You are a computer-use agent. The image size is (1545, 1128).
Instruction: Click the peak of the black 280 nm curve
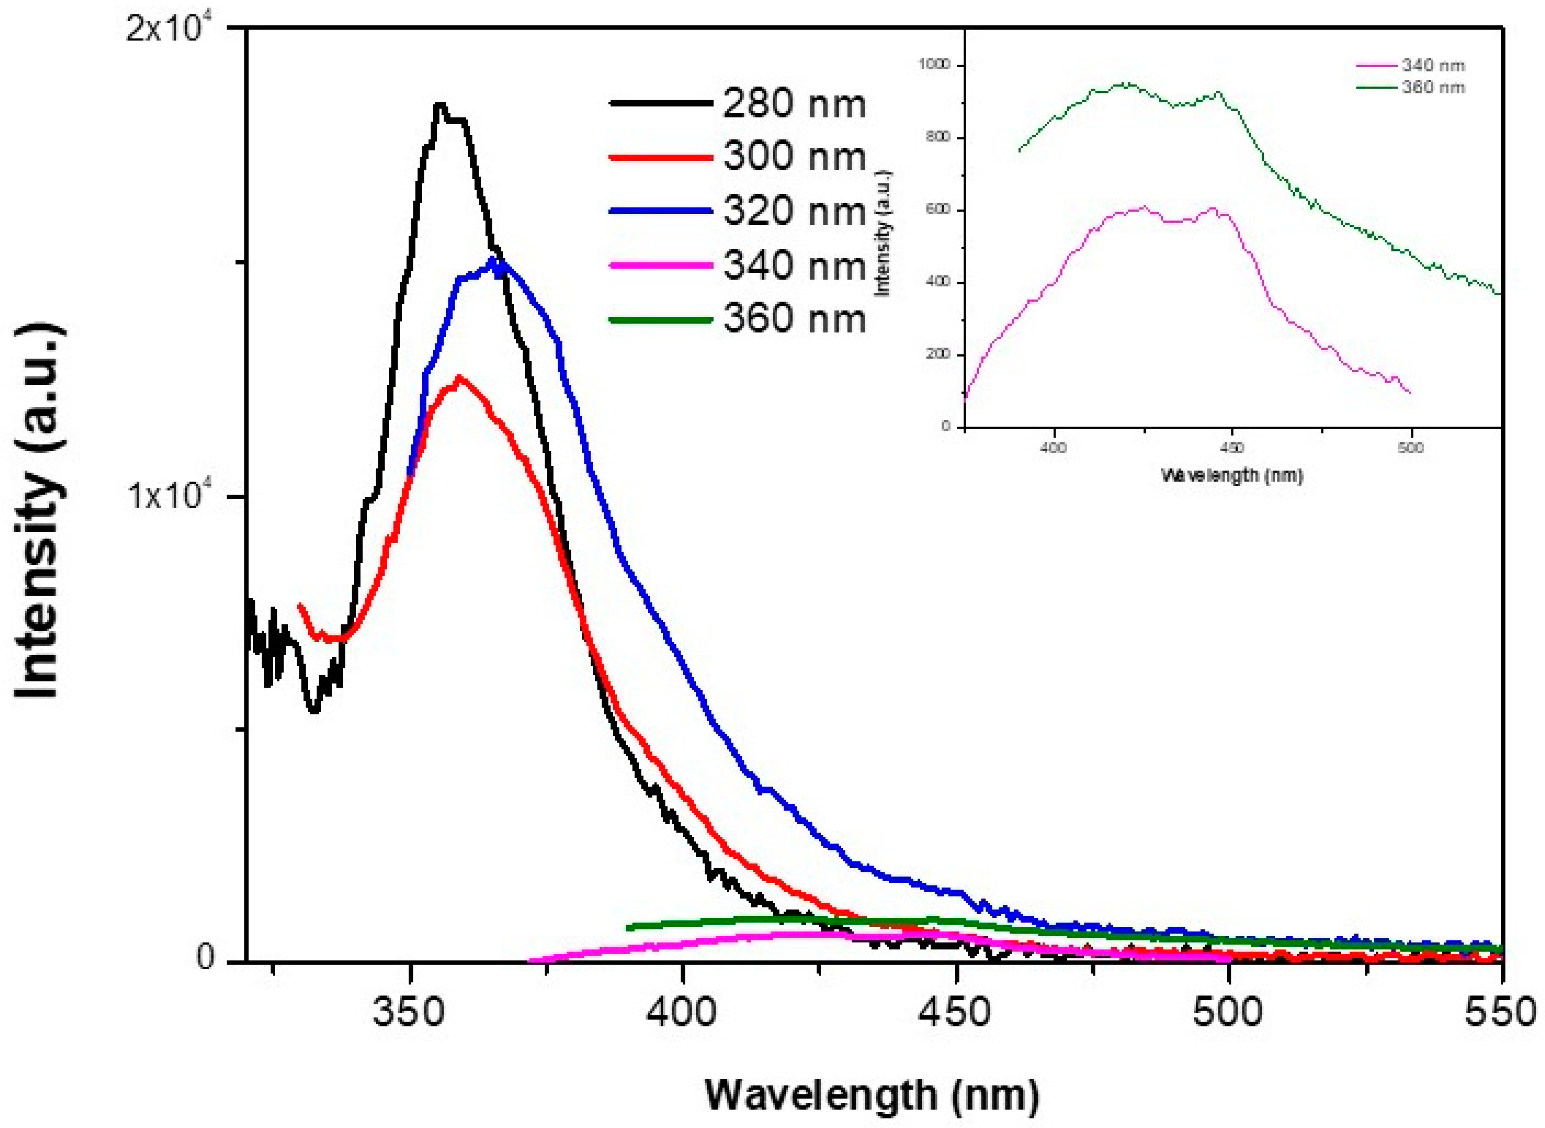tap(440, 104)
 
